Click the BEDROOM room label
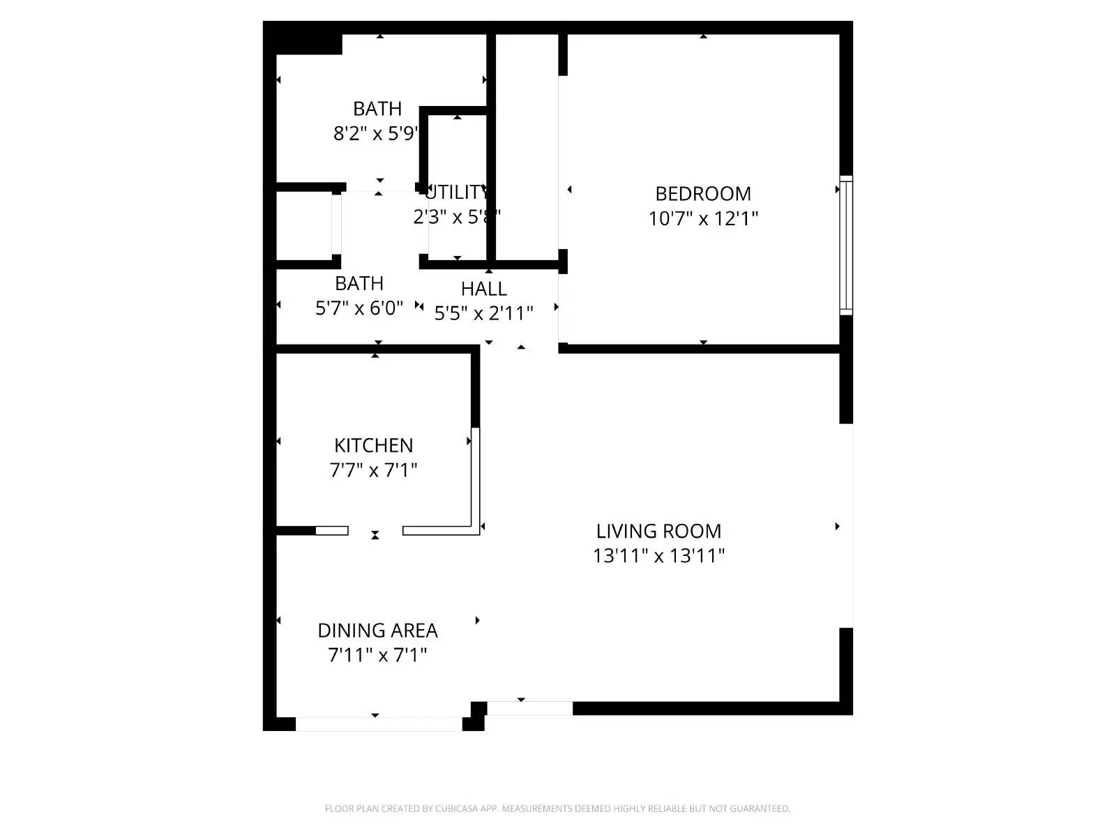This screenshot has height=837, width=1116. (703, 194)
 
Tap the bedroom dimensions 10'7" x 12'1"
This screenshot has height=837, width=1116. (703, 219)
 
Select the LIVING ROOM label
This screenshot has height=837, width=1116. (658, 531)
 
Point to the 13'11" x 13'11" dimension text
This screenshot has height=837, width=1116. (658, 556)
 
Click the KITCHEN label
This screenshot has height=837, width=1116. (373, 446)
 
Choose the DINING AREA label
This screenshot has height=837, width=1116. (377, 631)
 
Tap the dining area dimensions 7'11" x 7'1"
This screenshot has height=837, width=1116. (377, 656)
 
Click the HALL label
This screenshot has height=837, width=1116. (483, 289)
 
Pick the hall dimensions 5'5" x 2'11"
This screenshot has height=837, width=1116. (483, 314)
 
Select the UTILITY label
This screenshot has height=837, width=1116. (457, 192)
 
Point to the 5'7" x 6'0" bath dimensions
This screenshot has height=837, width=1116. (359, 308)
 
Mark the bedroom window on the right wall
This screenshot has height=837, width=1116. (845, 245)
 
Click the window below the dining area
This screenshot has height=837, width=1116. (379, 723)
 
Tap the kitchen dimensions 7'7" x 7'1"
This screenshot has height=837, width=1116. (373, 471)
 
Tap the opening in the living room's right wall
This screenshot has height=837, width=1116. (846, 526)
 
